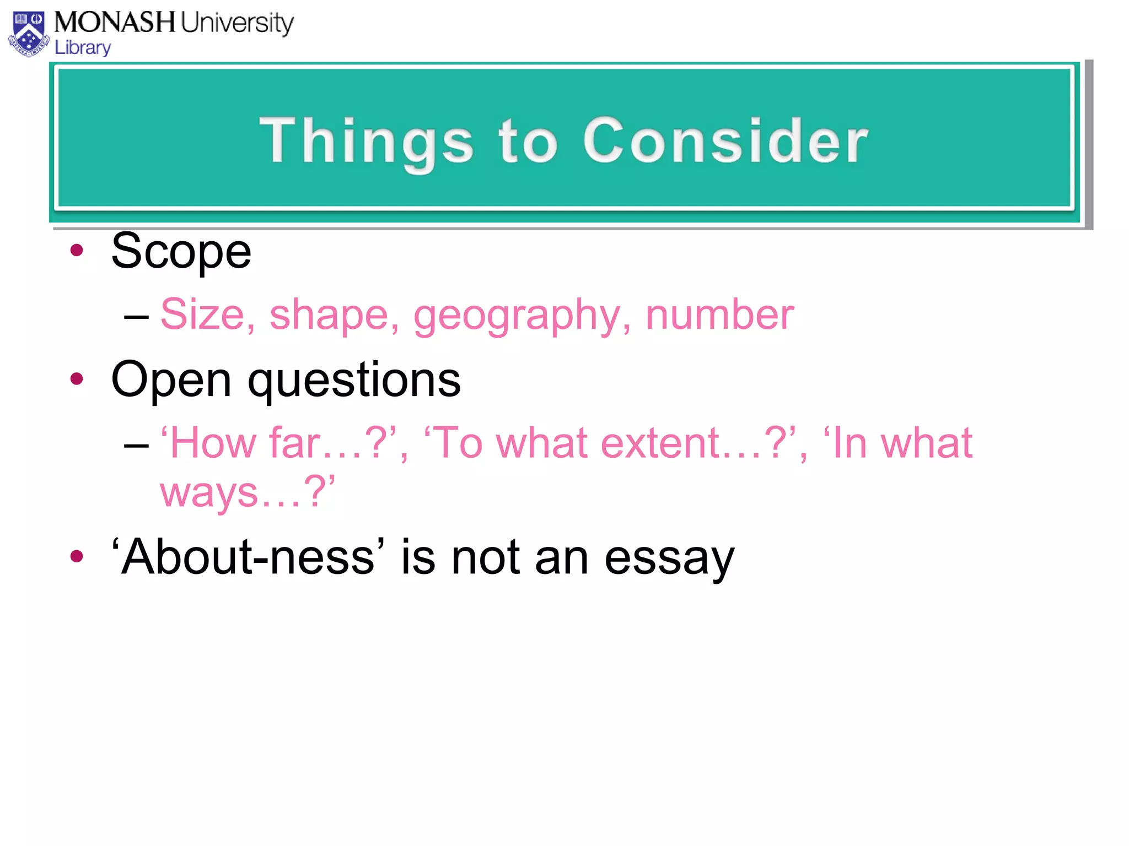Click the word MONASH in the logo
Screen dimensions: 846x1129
tap(114, 23)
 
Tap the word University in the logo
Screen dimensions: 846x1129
tap(237, 24)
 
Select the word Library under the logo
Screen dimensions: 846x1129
tap(83, 48)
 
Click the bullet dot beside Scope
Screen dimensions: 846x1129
tap(77, 251)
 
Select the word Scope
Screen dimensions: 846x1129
tap(181, 252)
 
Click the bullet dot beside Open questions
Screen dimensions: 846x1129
tap(77, 379)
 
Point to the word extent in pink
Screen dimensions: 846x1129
tap(660, 443)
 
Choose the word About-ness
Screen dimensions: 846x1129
tap(248, 557)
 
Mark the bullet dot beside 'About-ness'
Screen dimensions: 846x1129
tap(77, 556)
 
